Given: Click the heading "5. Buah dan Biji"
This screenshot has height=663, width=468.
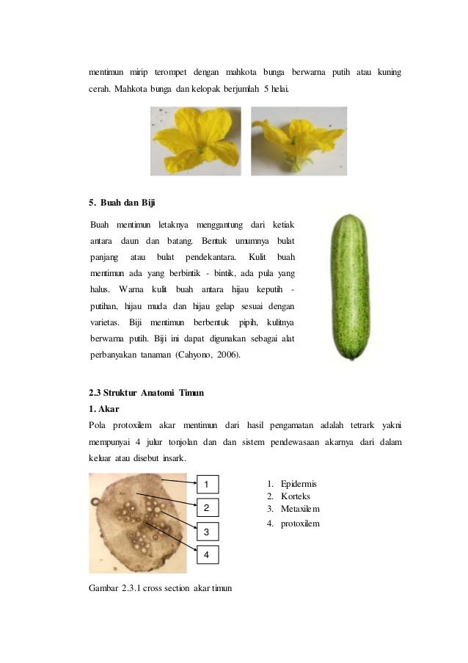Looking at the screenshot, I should (121, 202).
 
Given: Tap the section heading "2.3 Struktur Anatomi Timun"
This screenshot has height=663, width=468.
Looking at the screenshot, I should (146, 393).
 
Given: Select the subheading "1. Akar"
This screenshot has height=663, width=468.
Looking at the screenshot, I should (103, 408).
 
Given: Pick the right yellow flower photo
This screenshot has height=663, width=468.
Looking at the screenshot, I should (299, 141).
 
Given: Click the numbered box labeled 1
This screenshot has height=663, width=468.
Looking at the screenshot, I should (207, 484).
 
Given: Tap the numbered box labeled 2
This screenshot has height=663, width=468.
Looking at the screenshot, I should (207, 507).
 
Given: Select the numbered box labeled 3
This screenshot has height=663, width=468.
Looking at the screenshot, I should (207, 531).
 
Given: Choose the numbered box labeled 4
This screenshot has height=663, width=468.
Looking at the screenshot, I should (207, 555).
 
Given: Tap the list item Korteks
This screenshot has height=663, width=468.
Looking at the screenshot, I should (296, 496).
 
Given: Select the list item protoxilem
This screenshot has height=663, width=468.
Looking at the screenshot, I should (300, 523).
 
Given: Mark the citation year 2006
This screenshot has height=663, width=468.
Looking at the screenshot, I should (228, 356).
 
